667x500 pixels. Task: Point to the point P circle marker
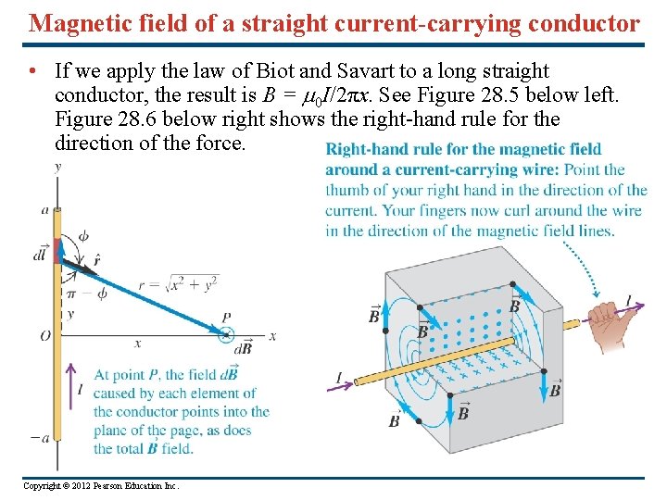coord(226,335)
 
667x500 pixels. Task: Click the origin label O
coord(44,336)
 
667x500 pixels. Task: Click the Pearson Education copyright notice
coord(101,486)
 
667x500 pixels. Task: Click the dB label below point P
coord(243,349)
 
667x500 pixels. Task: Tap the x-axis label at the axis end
coord(272,336)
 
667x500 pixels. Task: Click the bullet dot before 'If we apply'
coord(32,71)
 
